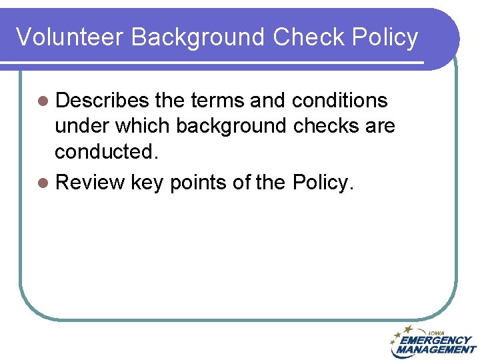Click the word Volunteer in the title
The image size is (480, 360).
69,37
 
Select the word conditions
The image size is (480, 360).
340,101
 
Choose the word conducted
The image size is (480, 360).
107,151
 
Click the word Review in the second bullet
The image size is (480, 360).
90,182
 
